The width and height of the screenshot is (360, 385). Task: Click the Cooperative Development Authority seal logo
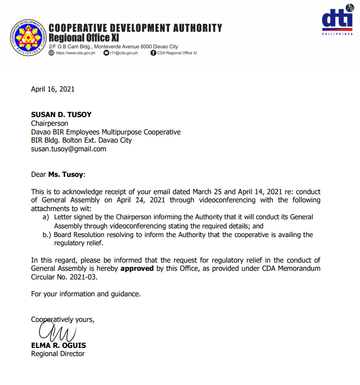[x=26, y=37]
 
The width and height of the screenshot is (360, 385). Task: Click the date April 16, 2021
[x=52, y=89]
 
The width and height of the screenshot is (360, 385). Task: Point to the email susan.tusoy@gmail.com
[x=68, y=149]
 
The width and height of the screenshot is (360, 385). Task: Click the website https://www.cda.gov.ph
[x=76, y=53]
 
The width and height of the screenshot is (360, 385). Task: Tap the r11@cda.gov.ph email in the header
[x=124, y=53]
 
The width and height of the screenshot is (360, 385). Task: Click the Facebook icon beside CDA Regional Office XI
[x=154, y=53]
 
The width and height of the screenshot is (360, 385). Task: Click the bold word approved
[x=137, y=268]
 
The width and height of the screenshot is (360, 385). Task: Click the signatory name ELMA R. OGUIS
[x=58, y=345]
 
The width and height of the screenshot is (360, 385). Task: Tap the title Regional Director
[x=58, y=354]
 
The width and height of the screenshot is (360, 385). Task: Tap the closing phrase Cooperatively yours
[x=63, y=319]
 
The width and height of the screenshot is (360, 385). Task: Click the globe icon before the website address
[x=52, y=53]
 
